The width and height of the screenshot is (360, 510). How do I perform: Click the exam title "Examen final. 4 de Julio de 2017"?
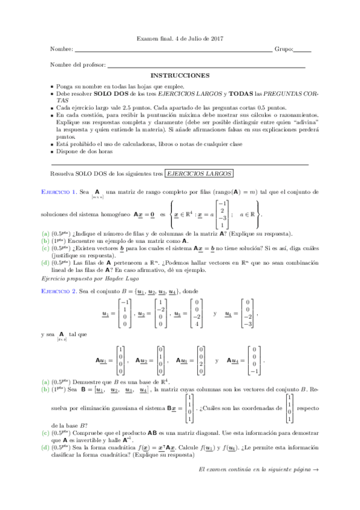pos(180,38)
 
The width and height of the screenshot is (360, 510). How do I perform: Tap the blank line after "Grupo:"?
pos(303,52)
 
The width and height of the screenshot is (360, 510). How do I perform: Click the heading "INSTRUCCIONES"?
pos(180,76)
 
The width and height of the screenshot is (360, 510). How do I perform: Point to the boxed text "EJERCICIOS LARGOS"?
pos(199,173)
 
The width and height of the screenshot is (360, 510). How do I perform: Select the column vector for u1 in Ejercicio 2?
pos(124,313)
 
